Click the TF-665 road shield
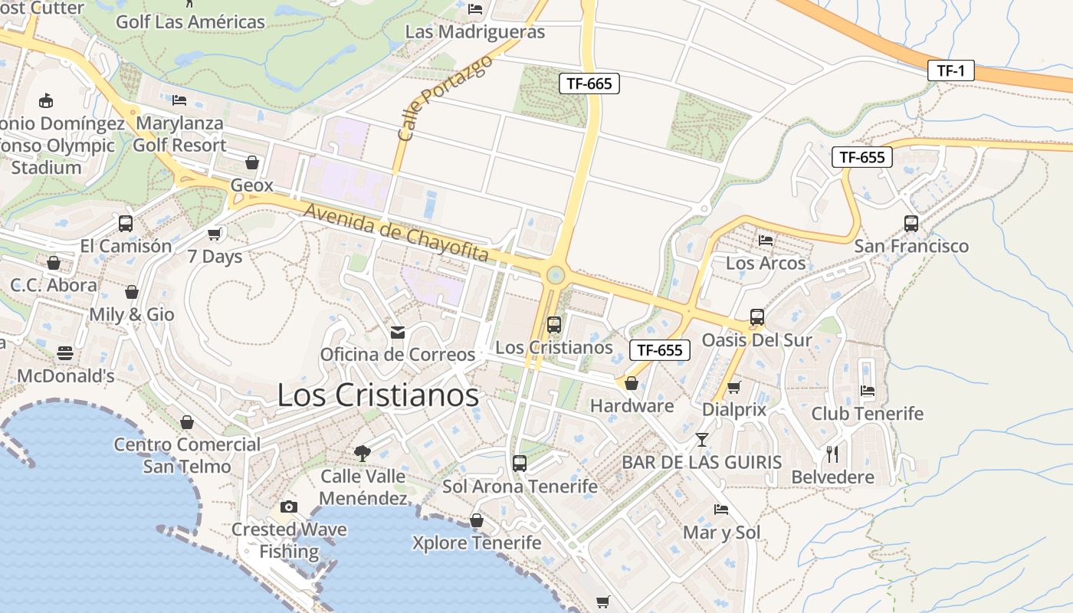[589, 84]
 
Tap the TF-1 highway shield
[950, 71]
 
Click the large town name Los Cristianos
[378, 395]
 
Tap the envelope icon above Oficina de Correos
[397, 333]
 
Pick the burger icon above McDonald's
[65, 353]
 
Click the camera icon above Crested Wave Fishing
[289, 506]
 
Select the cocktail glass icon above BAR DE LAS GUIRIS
[701, 440]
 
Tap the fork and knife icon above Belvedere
[832, 454]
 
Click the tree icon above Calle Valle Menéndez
[363, 453]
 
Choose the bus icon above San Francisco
[911, 224]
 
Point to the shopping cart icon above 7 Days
[215, 234]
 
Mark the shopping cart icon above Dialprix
[733, 387]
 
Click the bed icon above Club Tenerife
[867, 391]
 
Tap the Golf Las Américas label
[190, 21]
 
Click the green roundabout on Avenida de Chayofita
[555, 274]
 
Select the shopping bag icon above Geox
[251, 162]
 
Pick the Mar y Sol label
[721, 533]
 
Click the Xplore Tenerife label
[477, 543]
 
